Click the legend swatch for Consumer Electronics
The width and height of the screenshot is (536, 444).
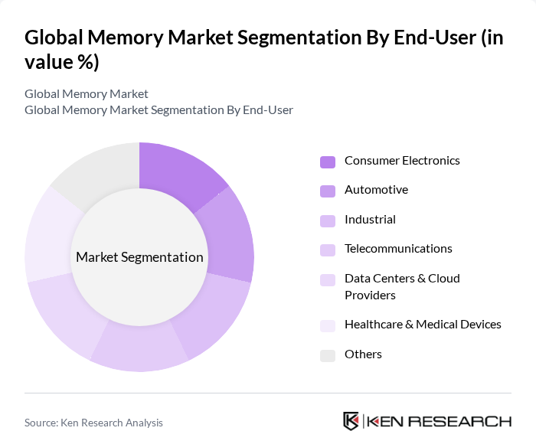pyautogui.click(x=328, y=162)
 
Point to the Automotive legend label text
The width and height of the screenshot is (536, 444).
pyautogui.click(x=376, y=190)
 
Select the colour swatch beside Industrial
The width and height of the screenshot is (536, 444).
pyautogui.click(x=328, y=220)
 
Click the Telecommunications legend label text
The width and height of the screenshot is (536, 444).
pyautogui.click(x=398, y=249)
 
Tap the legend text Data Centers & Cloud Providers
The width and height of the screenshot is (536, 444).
pyautogui.click(x=402, y=286)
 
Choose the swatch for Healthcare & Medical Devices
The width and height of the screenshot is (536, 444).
pyautogui.click(x=328, y=325)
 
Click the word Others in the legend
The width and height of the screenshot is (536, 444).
pyautogui.click(x=363, y=354)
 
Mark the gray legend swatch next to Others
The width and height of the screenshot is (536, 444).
pyautogui.click(x=328, y=355)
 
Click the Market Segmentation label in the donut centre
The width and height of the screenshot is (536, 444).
pyautogui.click(x=139, y=257)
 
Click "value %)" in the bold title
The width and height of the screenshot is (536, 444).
pyautogui.click(x=62, y=62)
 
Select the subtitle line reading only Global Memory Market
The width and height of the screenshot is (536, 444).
pyautogui.click(x=87, y=94)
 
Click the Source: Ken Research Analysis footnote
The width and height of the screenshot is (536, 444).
pyautogui.click(x=93, y=423)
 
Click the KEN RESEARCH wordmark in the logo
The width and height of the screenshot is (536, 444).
pyautogui.click(x=438, y=422)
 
